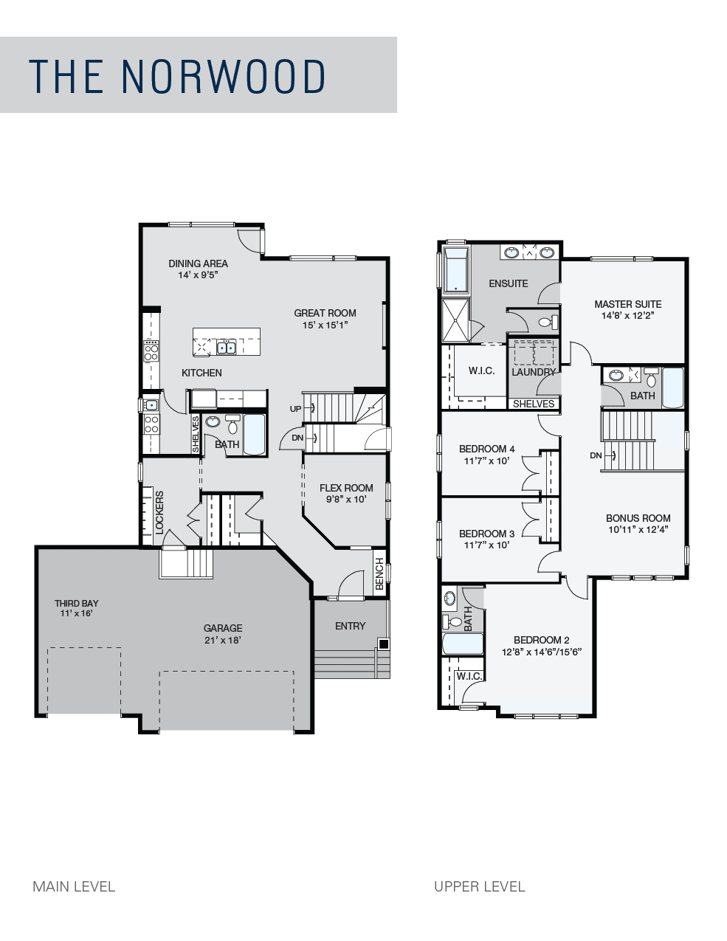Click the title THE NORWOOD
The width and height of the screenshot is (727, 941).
point(177,76)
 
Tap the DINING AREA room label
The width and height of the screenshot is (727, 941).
point(198,263)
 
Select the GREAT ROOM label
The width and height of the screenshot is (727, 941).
point(325,313)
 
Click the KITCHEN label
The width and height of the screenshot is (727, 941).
point(201,373)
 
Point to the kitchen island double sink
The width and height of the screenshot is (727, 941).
point(226,348)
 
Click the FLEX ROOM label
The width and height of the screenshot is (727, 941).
point(346,488)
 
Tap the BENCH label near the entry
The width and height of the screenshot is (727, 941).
point(379,574)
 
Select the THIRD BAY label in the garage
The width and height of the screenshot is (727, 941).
point(76,603)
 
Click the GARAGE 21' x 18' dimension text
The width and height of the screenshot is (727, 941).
point(223,640)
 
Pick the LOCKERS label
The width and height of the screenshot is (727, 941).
point(159,512)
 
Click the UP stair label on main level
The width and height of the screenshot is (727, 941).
point(295,409)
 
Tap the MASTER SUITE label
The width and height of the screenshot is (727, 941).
point(628,304)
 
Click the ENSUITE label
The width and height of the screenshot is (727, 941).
point(509,283)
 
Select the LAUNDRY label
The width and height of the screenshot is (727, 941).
point(534,372)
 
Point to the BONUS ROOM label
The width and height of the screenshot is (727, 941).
point(638,518)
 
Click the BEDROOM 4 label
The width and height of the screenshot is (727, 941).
point(486,449)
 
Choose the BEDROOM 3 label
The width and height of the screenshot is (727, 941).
point(486,534)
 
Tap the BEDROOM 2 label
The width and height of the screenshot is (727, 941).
point(541,640)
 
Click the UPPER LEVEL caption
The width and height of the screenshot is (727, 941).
point(479,886)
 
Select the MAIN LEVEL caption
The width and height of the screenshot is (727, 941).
point(74,886)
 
